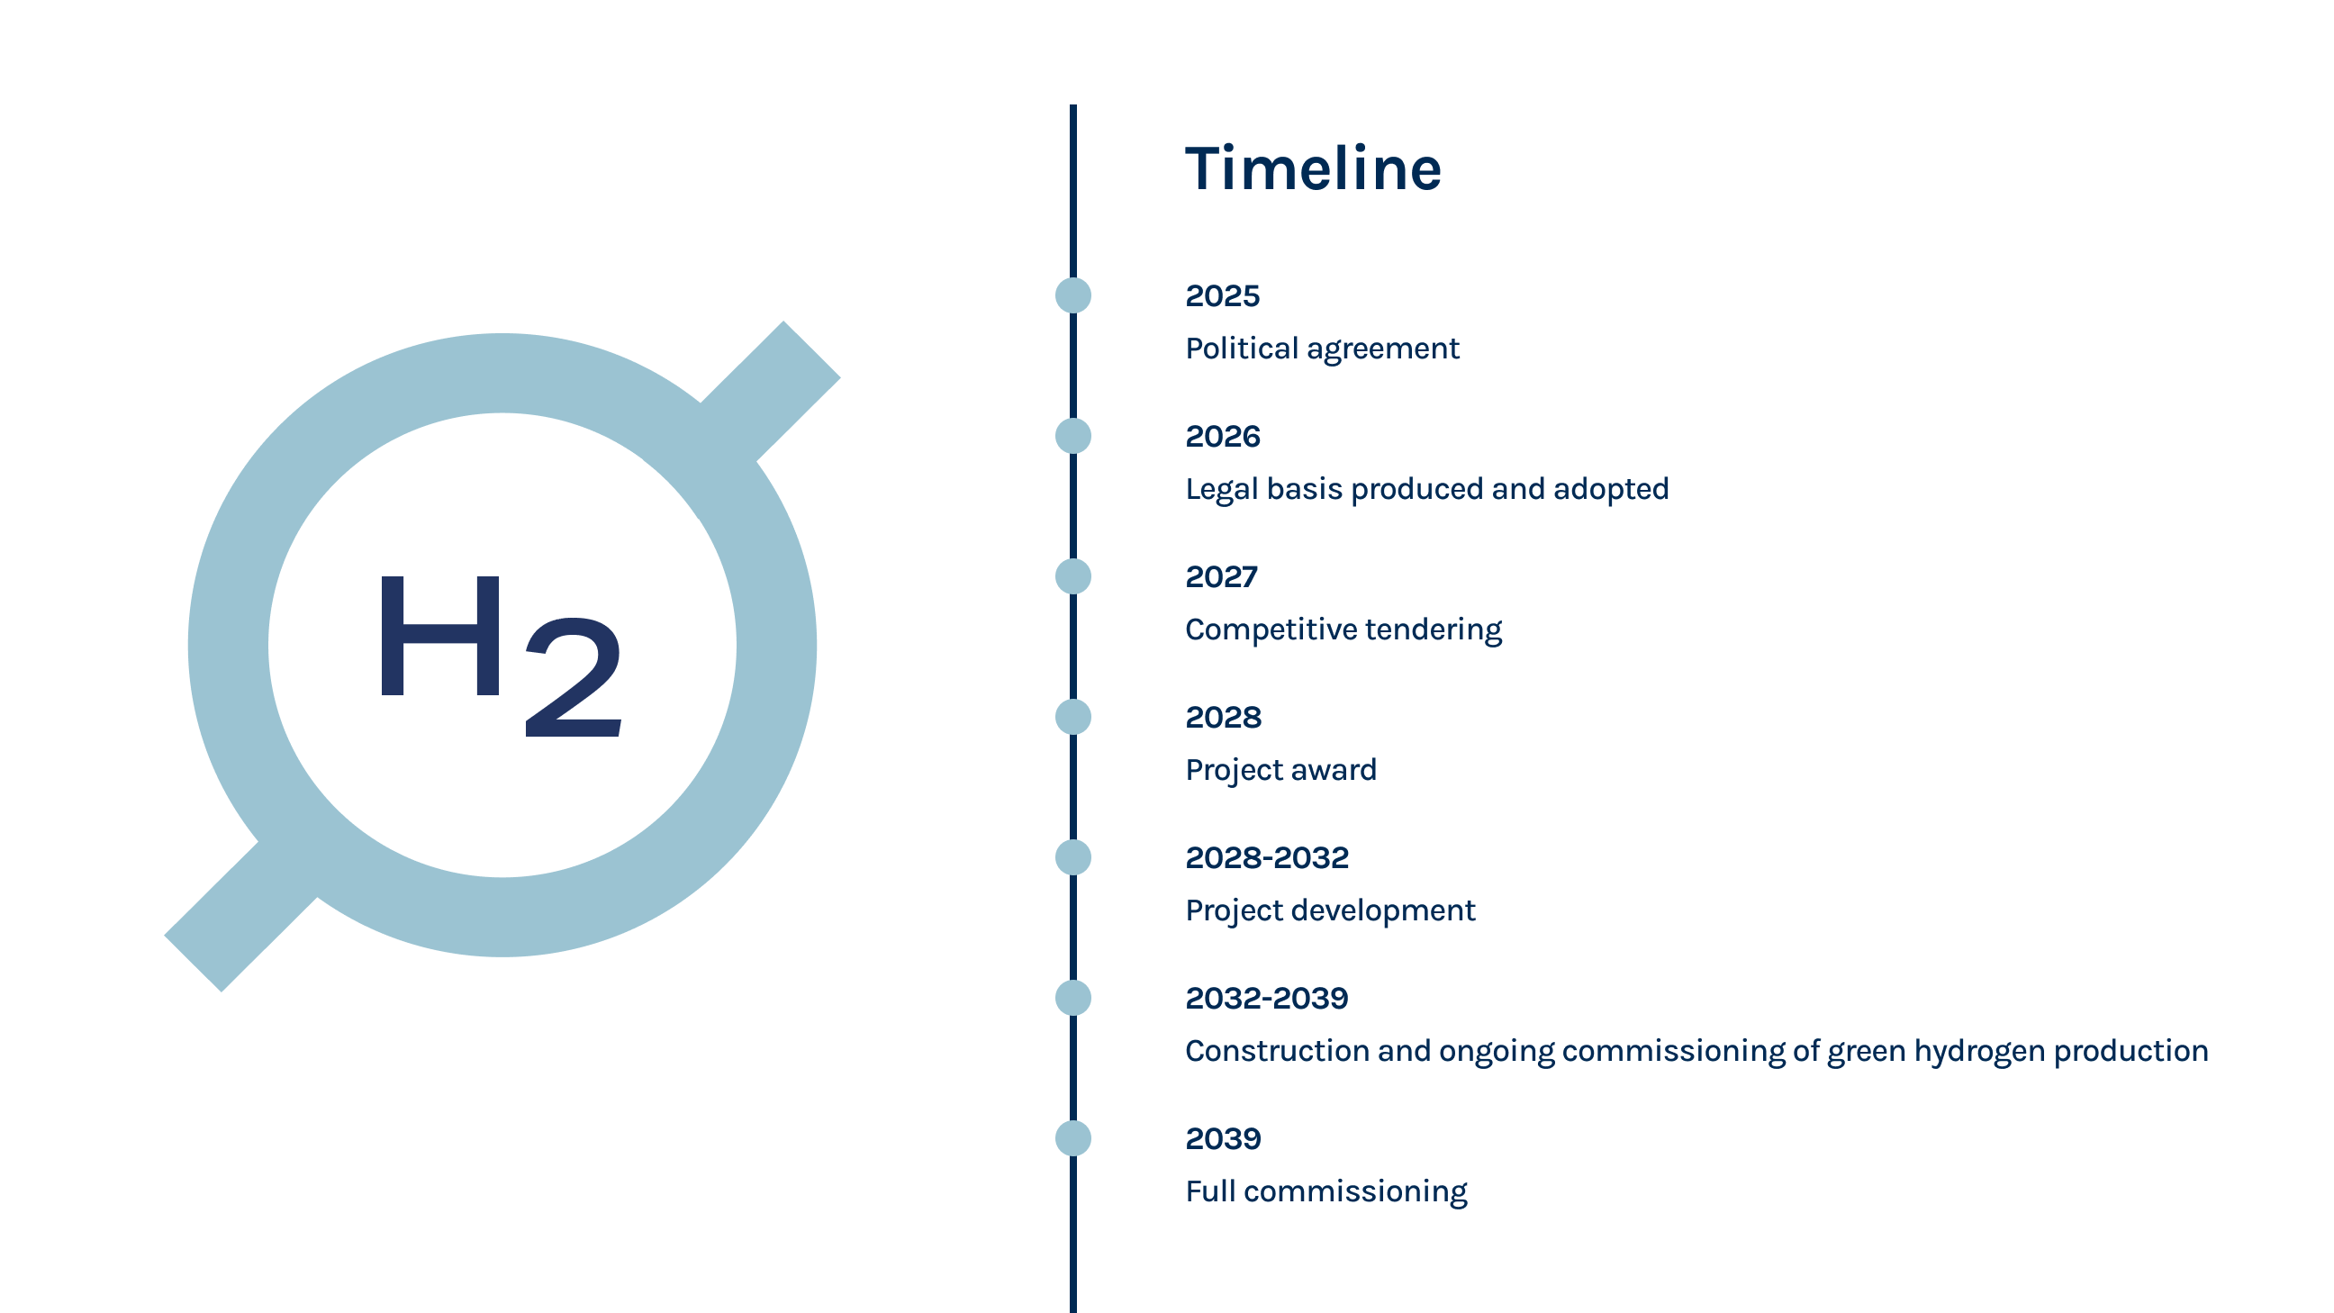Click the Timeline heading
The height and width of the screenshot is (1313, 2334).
[1313, 168]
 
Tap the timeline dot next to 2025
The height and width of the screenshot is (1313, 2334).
[1072, 295]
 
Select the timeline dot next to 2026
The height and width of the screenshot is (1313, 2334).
[1072, 436]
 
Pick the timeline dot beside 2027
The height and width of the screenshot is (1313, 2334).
[1072, 576]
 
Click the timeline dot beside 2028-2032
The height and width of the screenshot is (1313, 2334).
[1072, 857]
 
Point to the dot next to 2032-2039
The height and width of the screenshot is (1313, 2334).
[1072, 998]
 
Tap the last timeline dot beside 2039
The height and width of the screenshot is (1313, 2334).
[1072, 1138]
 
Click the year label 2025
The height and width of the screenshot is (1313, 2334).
[1222, 296]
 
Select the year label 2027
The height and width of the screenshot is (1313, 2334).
[1221, 577]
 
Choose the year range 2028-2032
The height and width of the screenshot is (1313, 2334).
[1267, 858]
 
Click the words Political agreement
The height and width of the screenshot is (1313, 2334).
[1322, 349]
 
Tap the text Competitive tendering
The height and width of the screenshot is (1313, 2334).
[1343, 629]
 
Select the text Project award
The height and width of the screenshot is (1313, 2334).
[1281, 770]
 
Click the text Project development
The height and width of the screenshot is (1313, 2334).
[1330, 910]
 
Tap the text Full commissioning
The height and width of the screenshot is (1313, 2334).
[1326, 1191]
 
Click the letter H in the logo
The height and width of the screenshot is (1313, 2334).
[440, 636]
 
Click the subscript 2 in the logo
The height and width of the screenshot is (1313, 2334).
[574, 677]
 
